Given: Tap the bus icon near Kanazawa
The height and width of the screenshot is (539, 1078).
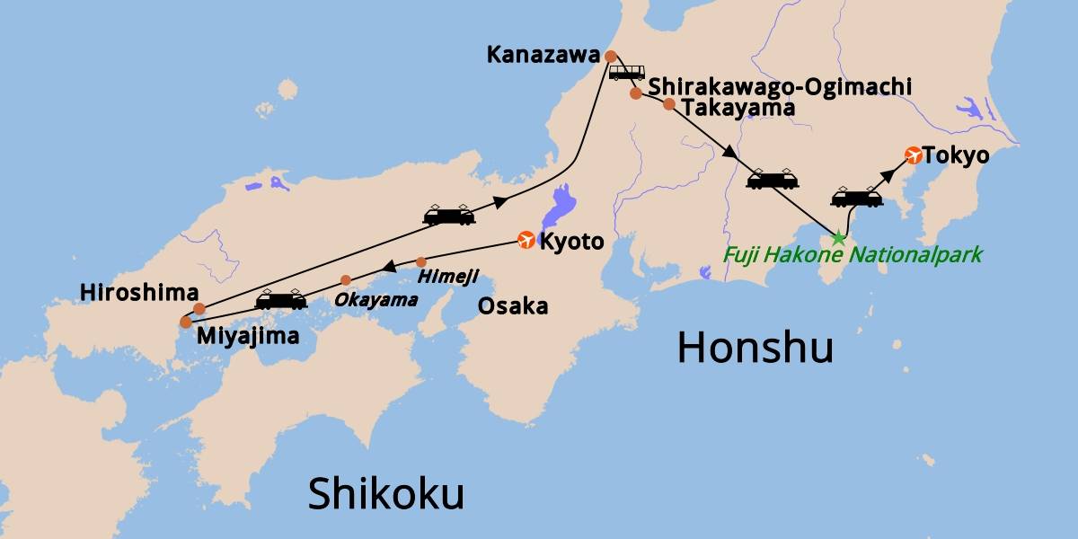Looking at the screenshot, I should coord(626,72).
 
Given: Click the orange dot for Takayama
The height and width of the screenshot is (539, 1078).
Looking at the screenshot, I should coord(668,104).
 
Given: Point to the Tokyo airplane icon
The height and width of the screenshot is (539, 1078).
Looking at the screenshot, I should coord(913,155).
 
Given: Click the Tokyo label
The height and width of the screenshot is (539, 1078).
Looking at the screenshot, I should coord(956,155).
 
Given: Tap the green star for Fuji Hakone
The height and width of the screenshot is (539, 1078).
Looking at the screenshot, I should coord(838,238).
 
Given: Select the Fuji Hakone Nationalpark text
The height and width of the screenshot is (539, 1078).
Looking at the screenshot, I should coord(853,255).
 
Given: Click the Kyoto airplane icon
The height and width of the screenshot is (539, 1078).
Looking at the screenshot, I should coord(527,240).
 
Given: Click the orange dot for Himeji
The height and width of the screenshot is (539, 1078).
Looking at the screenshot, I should coord(421,262).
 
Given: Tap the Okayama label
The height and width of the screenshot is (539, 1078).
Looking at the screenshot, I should coord(376,299).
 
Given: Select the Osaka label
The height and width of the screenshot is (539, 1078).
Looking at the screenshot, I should coord(512,306).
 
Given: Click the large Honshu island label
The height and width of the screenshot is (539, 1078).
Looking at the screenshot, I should coord(755,348).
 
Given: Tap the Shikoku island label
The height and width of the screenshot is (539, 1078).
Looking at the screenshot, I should coord(385,493).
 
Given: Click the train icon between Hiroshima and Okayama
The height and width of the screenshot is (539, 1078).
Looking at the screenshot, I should coord(281,300).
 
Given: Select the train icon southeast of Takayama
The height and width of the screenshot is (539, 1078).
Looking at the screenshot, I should coord(773,179).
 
